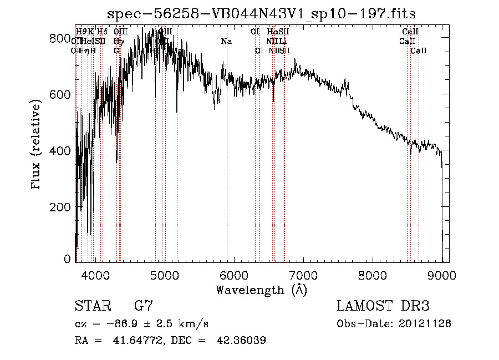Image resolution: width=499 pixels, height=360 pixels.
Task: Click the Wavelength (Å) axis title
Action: click(x=261, y=290)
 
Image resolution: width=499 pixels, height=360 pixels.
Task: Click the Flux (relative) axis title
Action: click(x=37, y=145)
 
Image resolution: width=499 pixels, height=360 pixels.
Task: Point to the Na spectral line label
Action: click(x=226, y=42)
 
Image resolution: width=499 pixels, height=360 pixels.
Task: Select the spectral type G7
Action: click(x=143, y=306)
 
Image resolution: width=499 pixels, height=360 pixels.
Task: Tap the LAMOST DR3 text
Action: click(x=383, y=306)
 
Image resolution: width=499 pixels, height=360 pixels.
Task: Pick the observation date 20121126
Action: click(x=425, y=323)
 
